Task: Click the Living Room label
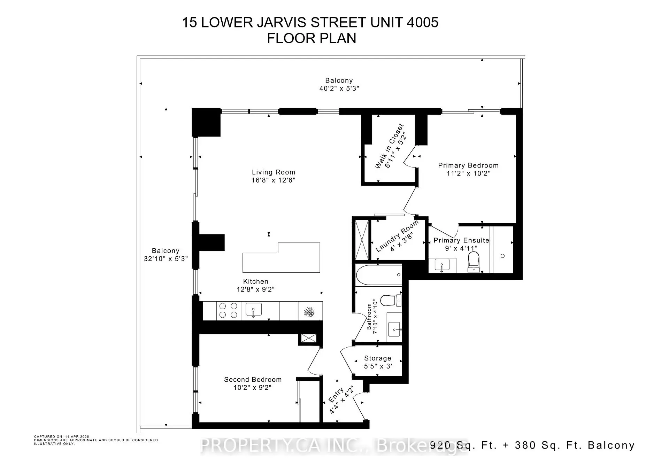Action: (x=274, y=172)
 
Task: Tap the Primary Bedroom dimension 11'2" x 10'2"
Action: (x=468, y=173)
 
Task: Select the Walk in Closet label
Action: (x=389, y=146)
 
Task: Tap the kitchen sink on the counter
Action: (x=254, y=310)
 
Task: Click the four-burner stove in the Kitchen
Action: (x=228, y=310)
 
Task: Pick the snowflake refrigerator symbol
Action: (x=309, y=312)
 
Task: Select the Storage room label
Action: (x=378, y=358)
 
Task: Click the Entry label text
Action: (x=336, y=395)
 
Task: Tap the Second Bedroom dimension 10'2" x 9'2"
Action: (x=253, y=387)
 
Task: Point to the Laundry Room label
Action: (x=397, y=236)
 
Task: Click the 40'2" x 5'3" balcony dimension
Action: (x=339, y=88)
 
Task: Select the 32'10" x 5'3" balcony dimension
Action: (x=166, y=258)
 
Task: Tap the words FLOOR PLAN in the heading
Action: (x=312, y=38)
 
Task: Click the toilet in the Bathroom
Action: (x=391, y=300)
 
